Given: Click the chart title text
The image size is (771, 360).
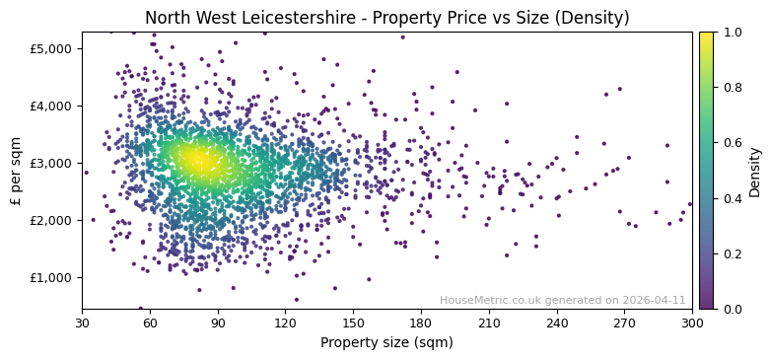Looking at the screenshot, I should pos(386,18).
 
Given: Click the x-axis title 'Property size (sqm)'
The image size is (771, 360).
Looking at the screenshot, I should pos(386,343).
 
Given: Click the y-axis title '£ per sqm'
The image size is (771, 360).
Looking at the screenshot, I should pos(17,171).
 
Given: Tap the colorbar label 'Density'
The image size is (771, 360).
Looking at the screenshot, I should pos(754,171).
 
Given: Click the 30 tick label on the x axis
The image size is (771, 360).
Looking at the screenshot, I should pos(82,323).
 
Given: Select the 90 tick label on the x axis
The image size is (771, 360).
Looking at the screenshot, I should pos(218,323).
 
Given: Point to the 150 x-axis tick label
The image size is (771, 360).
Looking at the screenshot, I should pos(353,323).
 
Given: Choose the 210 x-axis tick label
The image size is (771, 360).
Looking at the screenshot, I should pos(489,323).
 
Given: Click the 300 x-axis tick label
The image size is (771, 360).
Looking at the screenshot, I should pos(692,323).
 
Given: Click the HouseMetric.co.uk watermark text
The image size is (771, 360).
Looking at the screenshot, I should pos(562,300).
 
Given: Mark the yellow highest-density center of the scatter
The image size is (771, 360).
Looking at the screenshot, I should pos(197,159).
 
